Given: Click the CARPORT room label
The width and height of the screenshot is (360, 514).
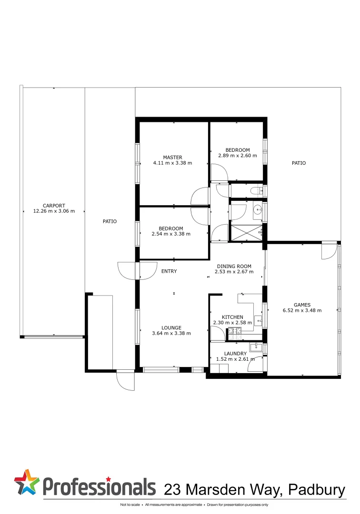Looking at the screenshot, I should click(54, 206).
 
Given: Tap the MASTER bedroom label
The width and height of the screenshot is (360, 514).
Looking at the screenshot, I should click(172, 158).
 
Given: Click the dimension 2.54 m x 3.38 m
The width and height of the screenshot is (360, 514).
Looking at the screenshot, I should click(171, 234).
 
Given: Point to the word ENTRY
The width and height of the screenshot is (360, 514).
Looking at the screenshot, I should click(169, 271).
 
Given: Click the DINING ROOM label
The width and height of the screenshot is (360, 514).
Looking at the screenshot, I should click(234, 267).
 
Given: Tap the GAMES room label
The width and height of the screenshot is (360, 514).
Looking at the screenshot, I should click(302, 305).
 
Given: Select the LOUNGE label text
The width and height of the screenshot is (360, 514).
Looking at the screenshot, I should click(171, 327).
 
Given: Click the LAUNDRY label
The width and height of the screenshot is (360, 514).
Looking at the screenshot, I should click(235, 353).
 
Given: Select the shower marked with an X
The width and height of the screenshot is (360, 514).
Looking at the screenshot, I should click(246, 233).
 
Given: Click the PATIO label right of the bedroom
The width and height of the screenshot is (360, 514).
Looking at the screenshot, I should click(299, 163).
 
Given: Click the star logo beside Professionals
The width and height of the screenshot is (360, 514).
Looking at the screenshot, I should click(28, 483).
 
